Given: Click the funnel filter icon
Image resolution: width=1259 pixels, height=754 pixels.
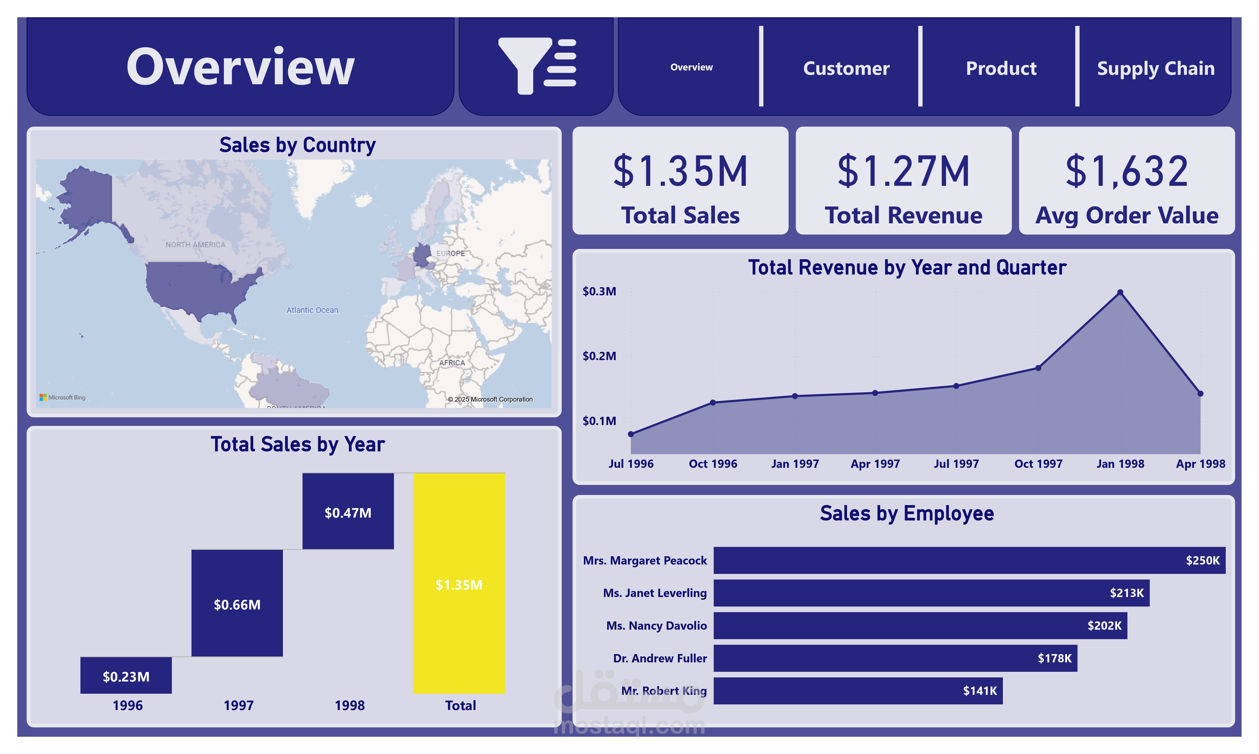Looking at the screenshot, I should [x=536, y=66].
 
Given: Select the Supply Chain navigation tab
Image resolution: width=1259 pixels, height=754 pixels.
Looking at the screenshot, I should [x=1155, y=68].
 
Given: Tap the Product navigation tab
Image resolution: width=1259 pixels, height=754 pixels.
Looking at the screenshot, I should [x=1001, y=68].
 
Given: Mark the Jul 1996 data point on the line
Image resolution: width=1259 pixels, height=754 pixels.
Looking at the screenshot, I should [x=631, y=434].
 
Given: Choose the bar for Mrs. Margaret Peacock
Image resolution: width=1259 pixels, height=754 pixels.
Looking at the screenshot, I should [x=969, y=560].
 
